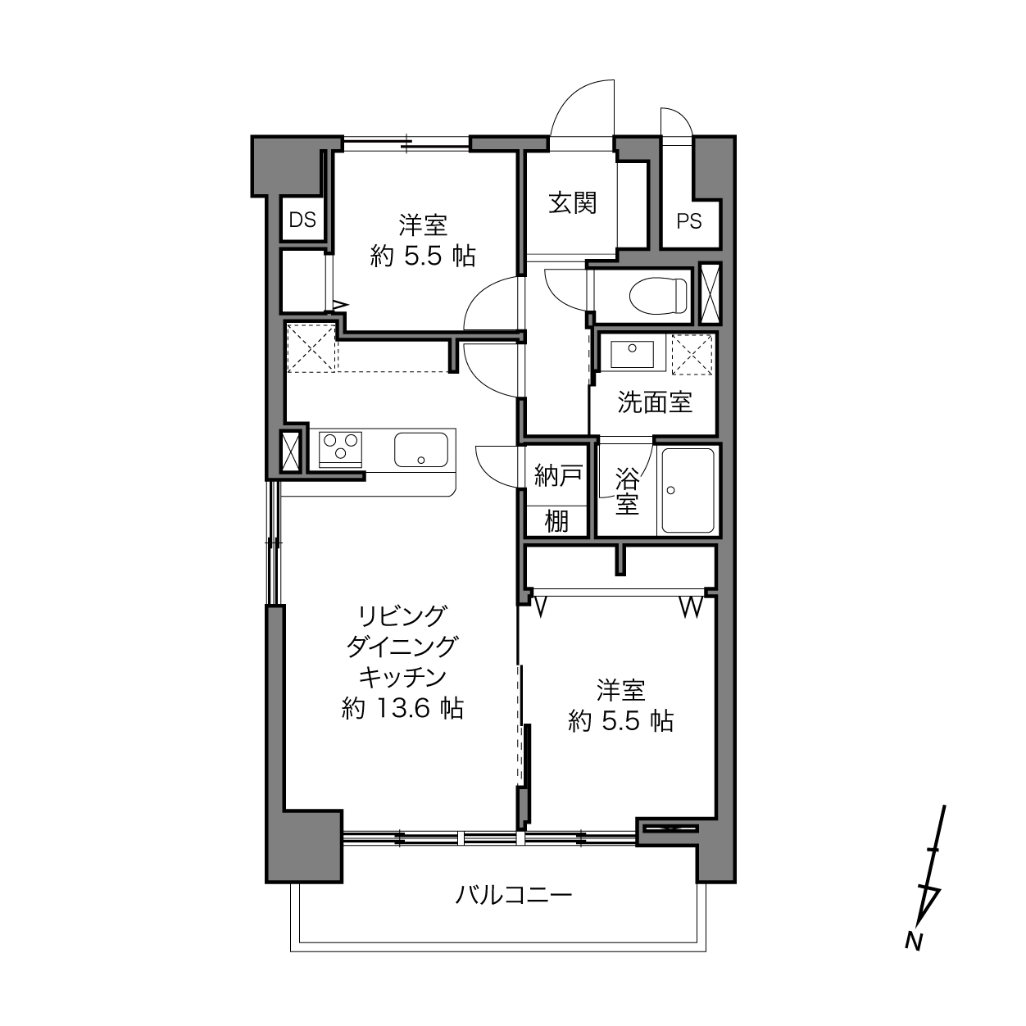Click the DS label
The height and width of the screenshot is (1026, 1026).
point(302,220)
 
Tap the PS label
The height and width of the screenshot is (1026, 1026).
point(689,221)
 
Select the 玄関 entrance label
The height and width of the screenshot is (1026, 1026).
point(572,202)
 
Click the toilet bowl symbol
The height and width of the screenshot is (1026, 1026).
point(658,296)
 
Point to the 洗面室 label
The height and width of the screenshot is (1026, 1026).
point(654,402)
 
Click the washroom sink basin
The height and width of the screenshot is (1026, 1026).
point(632,354)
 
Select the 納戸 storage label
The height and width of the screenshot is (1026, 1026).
point(557,475)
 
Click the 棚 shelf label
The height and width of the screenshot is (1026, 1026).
point(557,520)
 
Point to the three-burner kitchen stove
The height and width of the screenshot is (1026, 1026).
point(340,449)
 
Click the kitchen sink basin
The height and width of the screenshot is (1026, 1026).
point(420,450)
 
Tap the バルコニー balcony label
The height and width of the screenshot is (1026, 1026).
point(514,895)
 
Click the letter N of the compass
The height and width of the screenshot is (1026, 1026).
point(913,941)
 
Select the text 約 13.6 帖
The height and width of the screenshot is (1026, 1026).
point(402,708)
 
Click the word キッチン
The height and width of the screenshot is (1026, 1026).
point(402,677)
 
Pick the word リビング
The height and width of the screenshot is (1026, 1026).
point(402,616)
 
